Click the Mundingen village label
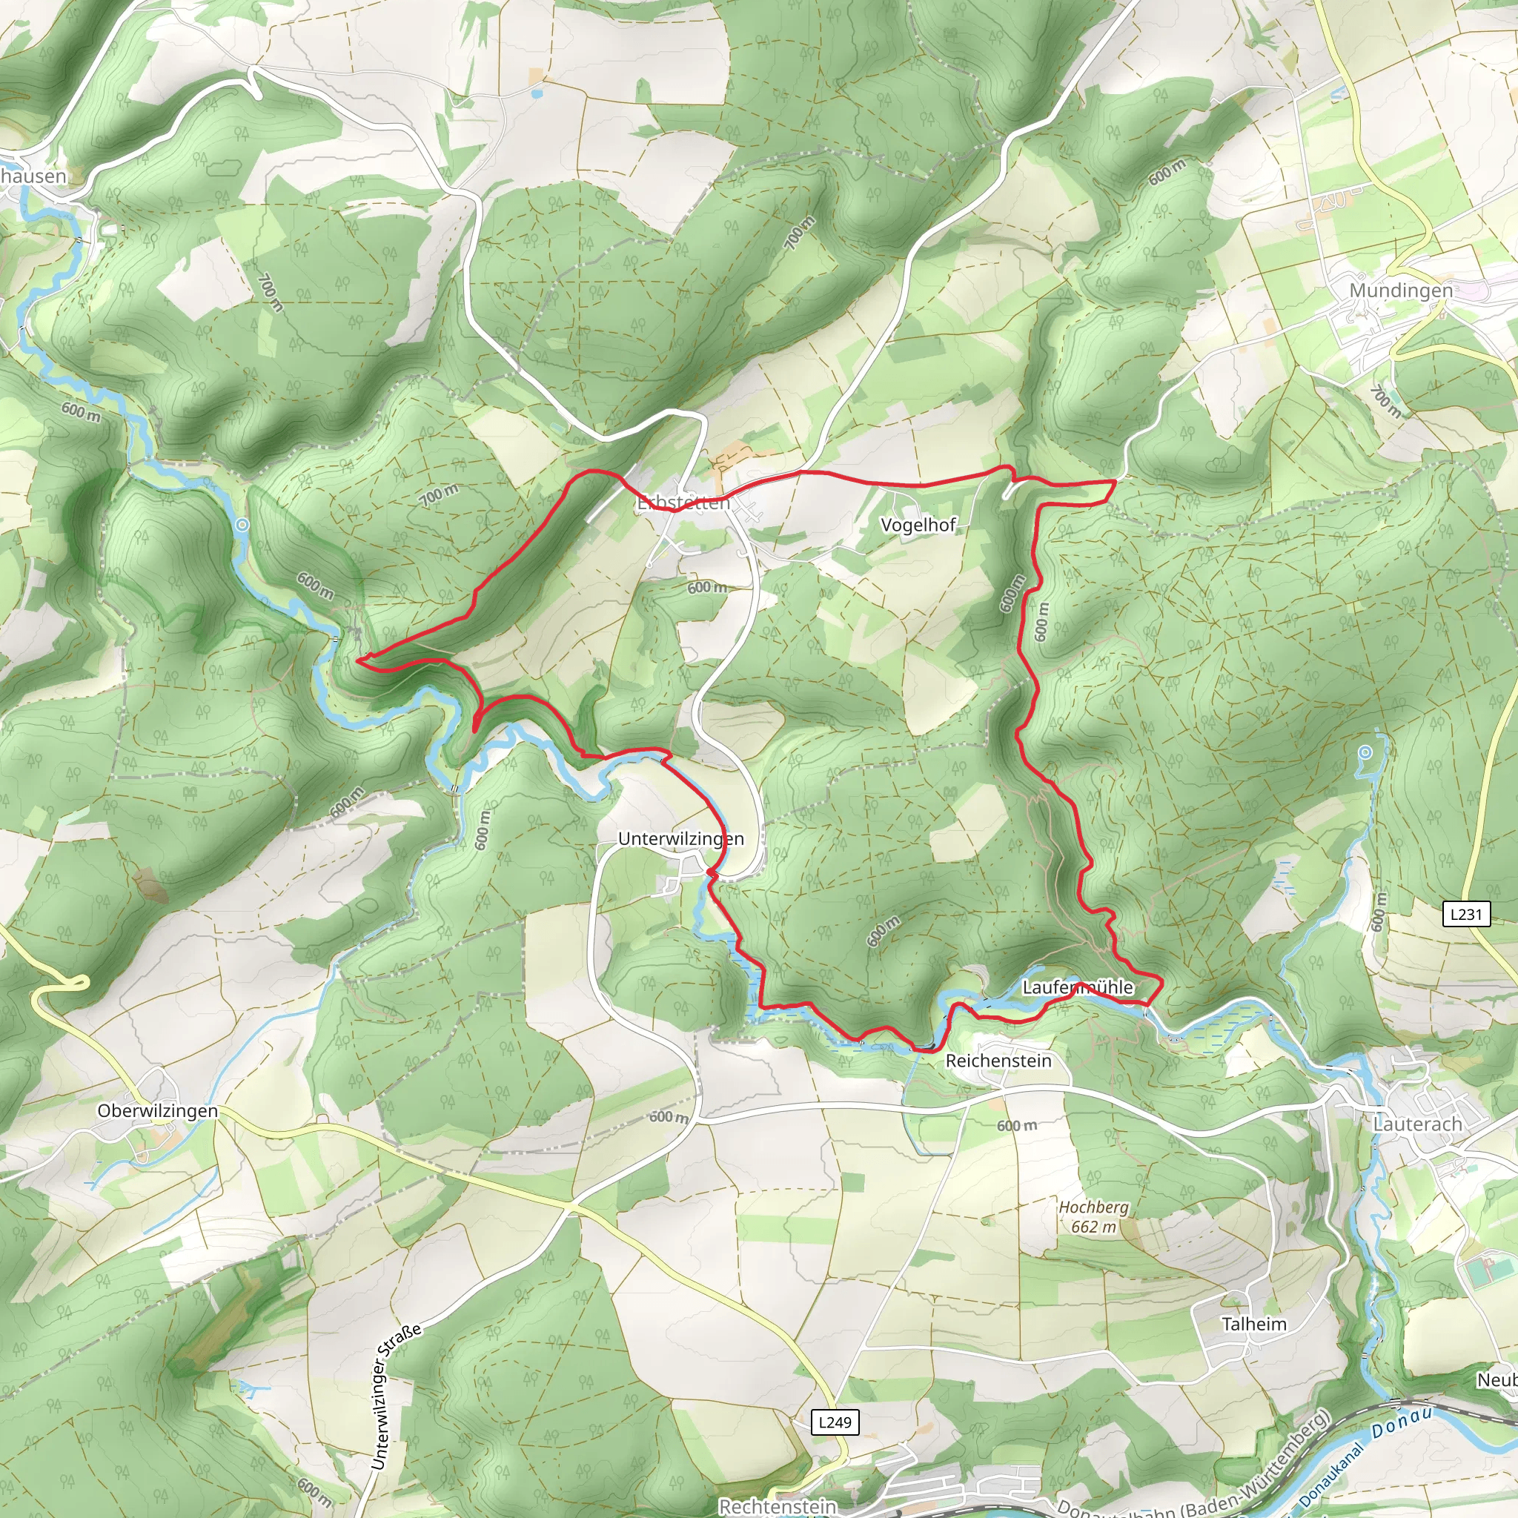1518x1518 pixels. [1401, 290]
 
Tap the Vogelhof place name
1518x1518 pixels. [918, 525]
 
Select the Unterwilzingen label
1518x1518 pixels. [680, 838]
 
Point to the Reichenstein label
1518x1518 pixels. [998, 1061]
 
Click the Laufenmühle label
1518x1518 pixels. [1077, 987]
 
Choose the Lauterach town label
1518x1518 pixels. [1417, 1124]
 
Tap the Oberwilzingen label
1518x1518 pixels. [157, 1111]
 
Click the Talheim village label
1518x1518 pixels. [1254, 1324]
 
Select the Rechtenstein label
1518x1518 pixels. [777, 1506]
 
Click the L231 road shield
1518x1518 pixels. [1466, 914]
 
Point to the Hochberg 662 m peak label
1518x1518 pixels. [1093, 1216]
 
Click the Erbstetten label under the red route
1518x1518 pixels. [683, 503]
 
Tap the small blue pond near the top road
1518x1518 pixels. [536, 93]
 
